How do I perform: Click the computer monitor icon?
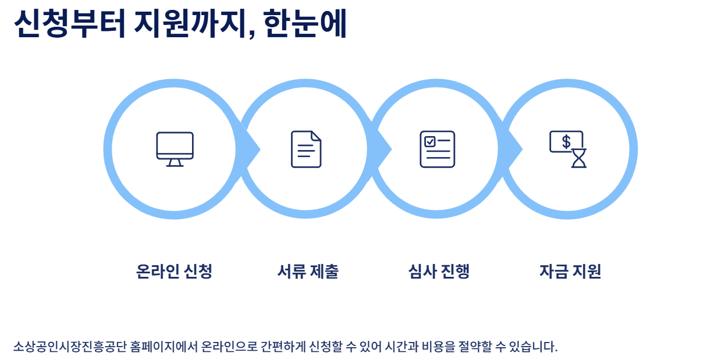pyautogui.click(x=175, y=149)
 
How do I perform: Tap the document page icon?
pyautogui.click(x=306, y=149)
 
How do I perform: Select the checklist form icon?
pyautogui.click(x=438, y=149)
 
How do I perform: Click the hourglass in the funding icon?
pyautogui.click(x=579, y=158)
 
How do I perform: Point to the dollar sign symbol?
pyautogui.click(x=566, y=141)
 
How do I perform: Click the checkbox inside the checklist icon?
pyautogui.click(x=430, y=141)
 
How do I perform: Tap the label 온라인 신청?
pyautogui.click(x=174, y=272)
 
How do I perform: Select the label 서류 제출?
pyautogui.click(x=308, y=272)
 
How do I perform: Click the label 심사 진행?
pyautogui.click(x=439, y=272)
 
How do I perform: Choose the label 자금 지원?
pyautogui.click(x=570, y=272)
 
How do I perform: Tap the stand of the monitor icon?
pyautogui.click(x=175, y=163)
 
